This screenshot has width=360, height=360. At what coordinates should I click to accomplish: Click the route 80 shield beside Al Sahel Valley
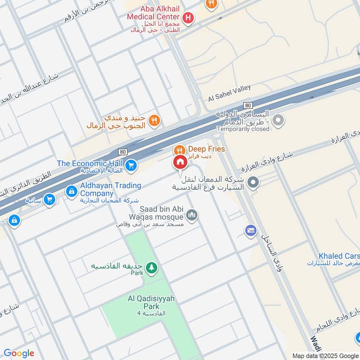point(247,105)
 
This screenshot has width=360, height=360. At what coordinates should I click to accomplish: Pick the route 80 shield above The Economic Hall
point(123,152)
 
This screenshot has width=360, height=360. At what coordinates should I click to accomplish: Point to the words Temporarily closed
point(243,129)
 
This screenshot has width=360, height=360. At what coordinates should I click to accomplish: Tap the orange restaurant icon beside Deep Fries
point(180,149)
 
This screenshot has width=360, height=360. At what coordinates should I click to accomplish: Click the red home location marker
point(180,162)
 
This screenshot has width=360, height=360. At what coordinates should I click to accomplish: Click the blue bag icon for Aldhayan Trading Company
point(71,191)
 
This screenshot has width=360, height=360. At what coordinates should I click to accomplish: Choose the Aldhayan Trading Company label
point(110,189)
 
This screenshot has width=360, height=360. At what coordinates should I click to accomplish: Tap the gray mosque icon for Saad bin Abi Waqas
point(192,215)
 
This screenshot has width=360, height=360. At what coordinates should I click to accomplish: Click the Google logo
point(19,353)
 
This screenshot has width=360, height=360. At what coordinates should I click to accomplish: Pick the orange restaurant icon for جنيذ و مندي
point(154,120)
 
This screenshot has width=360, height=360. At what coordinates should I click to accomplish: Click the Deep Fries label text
point(206,149)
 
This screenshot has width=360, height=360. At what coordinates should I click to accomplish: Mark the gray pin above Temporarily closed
point(279,120)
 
